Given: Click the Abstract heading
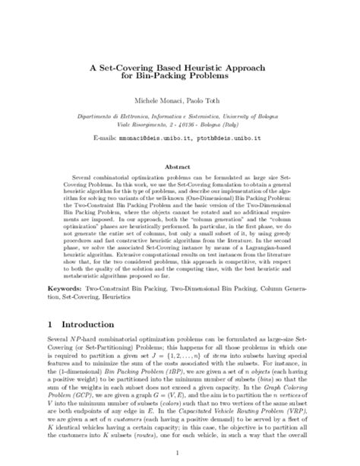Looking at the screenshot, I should (x=180, y=164).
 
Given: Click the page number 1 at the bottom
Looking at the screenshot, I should (x=180, y=451).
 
